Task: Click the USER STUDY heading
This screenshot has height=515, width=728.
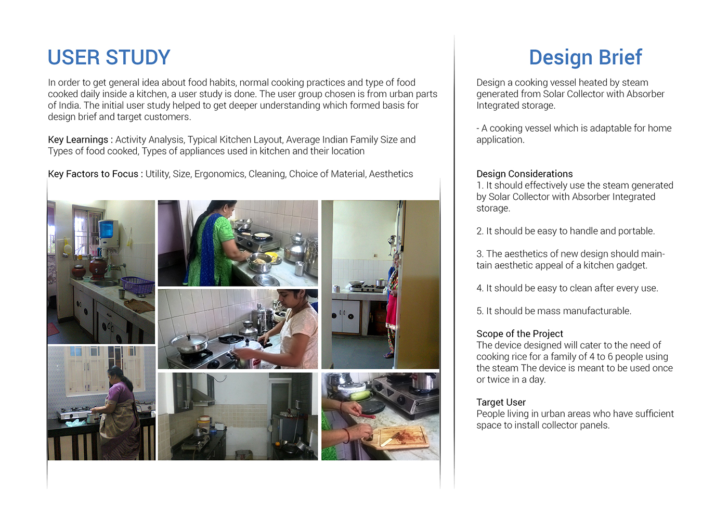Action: (x=109, y=57)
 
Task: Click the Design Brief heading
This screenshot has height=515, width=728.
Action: (x=586, y=57)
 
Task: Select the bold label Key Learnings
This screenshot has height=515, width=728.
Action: (x=78, y=140)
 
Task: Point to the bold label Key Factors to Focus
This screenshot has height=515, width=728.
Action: (x=93, y=174)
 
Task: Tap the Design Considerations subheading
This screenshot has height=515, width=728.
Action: (x=525, y=174)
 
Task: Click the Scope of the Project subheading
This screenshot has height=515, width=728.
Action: (x=519, y=333)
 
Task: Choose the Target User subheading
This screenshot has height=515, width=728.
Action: (x=501, y=402)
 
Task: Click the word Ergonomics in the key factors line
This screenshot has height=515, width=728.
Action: (x=219, y=174)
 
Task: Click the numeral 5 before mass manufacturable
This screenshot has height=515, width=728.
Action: (x=479, y=311)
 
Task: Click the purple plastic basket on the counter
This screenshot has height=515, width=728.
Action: (x=137, y=285)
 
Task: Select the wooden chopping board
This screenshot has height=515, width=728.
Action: (x=399, y=438)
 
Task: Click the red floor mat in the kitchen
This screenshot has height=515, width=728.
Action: (x=53, y=329)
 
